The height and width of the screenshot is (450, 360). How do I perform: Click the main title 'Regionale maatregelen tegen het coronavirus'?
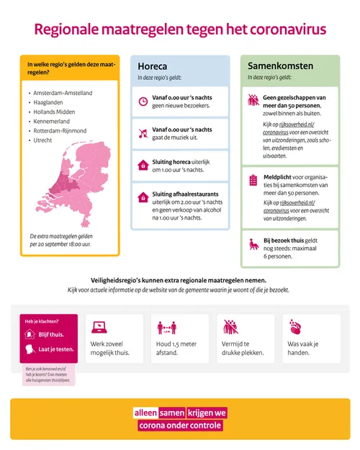[180, 30]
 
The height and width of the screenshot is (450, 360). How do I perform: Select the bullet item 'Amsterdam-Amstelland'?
[63, 93]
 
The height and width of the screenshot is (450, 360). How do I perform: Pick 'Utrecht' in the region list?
[44, 140]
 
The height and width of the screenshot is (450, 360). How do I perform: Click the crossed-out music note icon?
[143, 133]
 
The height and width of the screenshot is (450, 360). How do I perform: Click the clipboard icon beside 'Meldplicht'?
[253, 179]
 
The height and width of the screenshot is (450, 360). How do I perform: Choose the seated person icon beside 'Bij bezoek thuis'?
[253, 245]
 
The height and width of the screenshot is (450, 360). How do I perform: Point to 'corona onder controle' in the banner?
[180, 426]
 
